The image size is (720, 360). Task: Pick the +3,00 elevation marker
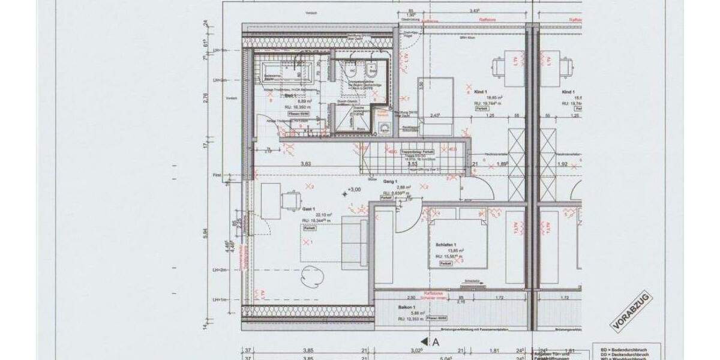(x=355, y=190)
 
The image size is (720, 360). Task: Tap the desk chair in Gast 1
(x=292, y=200)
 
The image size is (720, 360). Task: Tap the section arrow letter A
(x=436, y=341)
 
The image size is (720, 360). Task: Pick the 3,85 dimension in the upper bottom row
(x=308, y=351)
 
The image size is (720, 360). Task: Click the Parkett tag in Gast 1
(x=310, y=229)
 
